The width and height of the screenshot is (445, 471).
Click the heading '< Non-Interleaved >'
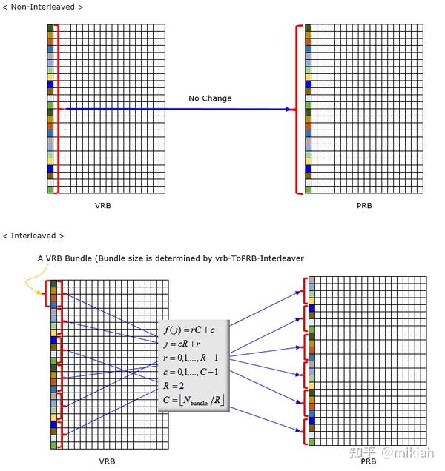click(43, 7)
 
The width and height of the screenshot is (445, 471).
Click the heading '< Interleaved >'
click(33, 235)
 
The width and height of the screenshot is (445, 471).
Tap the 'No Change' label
click(210, 98)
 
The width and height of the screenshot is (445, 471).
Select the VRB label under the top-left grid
click(103, 206)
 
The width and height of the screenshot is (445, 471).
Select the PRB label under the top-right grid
click(364, 206)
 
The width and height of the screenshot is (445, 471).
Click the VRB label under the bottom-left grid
click(107, 461)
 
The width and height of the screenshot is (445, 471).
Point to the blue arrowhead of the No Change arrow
click(288, 110)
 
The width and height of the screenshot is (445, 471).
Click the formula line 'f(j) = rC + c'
click(189, 330)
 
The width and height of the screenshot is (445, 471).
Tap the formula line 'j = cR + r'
click(182, 344)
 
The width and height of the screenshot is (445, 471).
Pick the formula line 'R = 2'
click(174, 385)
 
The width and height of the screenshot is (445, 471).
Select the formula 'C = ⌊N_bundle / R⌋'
click(193, 401)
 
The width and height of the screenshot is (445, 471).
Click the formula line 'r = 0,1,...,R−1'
click(191, 358)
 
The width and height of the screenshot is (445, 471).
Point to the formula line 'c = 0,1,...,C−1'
click(191, 372)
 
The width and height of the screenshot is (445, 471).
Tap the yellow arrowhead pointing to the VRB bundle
click(39, 292)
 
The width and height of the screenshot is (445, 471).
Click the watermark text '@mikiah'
click(408, 452)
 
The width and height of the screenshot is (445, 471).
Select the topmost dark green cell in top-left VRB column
click(50, 28)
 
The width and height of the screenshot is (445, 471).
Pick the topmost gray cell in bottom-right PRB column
click(311, 280)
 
